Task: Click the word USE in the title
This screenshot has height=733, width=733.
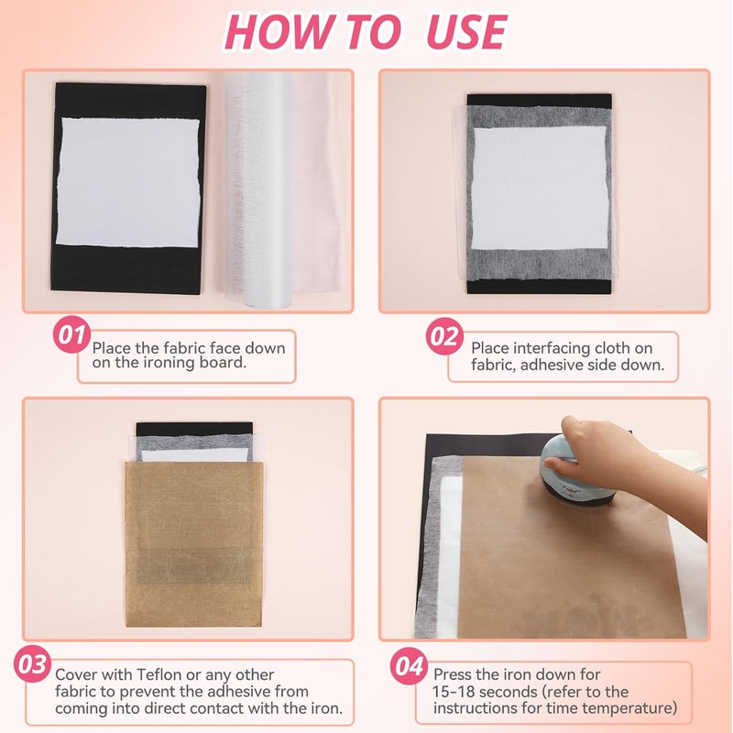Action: point(465,32)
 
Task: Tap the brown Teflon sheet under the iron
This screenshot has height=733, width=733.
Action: point(568,559)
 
